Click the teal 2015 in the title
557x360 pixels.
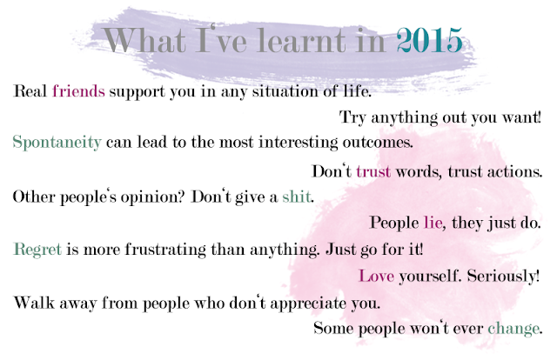[x=429, y=40]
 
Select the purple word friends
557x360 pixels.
[x=78, y=91]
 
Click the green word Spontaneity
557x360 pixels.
[x=57, y=143]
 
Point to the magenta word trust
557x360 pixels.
[x=373, y=171]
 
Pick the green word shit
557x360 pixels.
[x=296, y=197]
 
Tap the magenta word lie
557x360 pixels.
[x=433, y=223]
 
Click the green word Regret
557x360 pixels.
[x=37, y=250]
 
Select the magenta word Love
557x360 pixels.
[x=377, y=276]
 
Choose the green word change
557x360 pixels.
[x=513, y=329]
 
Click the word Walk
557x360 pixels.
[x=34, y=303]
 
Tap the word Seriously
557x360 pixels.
[x=501, y=277]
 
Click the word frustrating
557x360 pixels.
[x=165, y=250]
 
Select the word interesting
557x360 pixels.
[x=298, y=143]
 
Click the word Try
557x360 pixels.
[x=352, y=117]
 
